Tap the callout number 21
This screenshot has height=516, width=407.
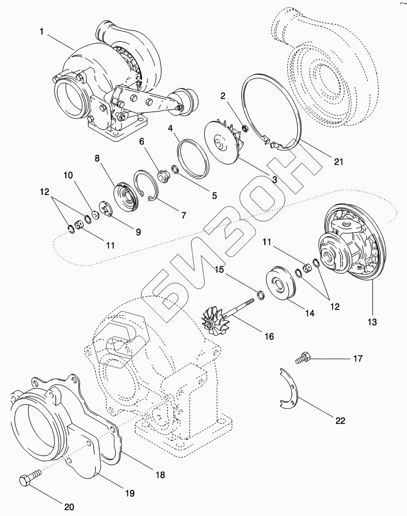click(x=338, y=162)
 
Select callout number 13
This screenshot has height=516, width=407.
click(x=372, y=322)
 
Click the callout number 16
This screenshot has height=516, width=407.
click(x=269, y=336)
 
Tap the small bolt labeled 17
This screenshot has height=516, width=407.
click(x=302, y=358)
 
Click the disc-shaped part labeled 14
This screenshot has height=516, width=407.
click(x=280, y=284)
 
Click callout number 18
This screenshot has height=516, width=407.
click(x=160, y=475)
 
